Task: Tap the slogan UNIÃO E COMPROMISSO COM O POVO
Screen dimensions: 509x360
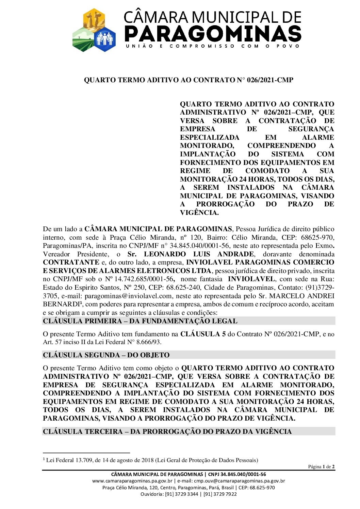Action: click(213, 46)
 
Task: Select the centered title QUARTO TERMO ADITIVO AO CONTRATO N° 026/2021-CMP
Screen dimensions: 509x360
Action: click(189, 80)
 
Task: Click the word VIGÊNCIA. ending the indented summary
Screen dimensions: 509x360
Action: click(199, 213)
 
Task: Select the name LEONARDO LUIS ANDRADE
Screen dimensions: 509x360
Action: click(199, 254)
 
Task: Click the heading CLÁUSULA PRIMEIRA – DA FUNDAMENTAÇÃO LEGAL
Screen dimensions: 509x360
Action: click(140, 321)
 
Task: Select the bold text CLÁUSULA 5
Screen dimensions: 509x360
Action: click(203, 334)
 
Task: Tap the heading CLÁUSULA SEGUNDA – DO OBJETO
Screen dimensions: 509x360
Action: click(106, 355)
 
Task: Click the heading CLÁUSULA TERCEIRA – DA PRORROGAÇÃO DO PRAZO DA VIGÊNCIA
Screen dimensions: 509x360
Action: click(167, 431)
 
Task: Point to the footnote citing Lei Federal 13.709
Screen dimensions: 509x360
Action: click(152, 460)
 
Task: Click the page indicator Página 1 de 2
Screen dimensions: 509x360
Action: click(321, 466)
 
